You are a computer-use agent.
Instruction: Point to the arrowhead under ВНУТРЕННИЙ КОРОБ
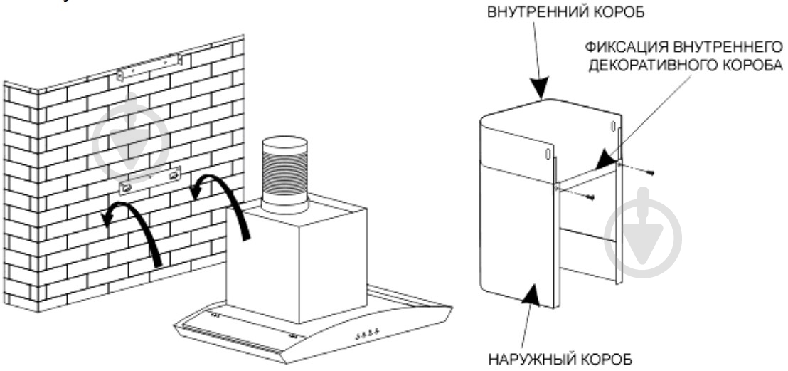tap(540, 89)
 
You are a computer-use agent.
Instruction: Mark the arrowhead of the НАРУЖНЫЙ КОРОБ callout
tap(531, 291)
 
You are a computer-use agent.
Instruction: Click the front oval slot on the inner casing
tap(547, 155)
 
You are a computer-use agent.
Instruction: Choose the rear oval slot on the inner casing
tap(612, 127)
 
